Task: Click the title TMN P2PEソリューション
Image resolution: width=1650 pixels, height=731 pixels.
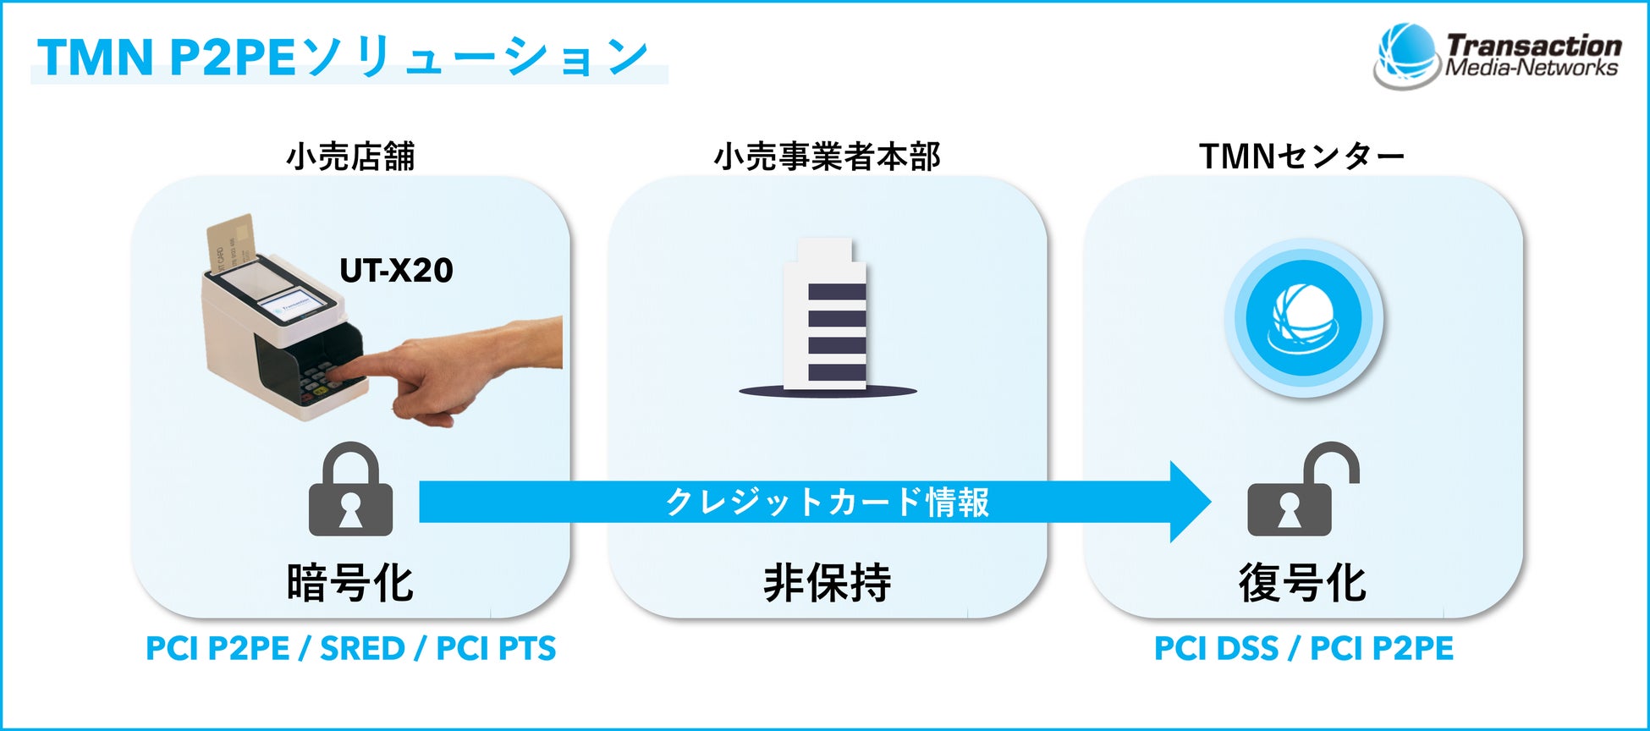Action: tap(343, 58)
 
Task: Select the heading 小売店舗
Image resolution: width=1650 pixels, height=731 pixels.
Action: tap(350, 157)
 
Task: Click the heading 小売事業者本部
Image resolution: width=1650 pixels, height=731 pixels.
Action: tap(827, 157)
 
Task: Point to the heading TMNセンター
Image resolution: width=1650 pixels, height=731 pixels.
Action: tap(1301, 157)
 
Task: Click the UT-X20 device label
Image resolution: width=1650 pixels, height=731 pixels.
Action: tap(396, 271)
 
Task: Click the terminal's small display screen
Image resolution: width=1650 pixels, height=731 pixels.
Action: tap(294, 306)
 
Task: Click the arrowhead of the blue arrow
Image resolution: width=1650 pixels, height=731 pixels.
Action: tap(1189, 502)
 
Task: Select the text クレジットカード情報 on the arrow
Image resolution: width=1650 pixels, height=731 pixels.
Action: tap(827, 502)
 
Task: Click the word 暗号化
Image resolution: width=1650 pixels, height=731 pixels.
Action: tap(350, 583)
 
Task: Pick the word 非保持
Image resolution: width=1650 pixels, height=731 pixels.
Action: tap(827, 583)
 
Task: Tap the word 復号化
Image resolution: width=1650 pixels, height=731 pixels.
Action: tap(1302, 583)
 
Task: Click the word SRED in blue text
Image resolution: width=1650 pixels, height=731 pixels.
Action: tap(362, 649)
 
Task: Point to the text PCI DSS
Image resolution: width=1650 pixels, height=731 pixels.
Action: tap(1216, 649)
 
